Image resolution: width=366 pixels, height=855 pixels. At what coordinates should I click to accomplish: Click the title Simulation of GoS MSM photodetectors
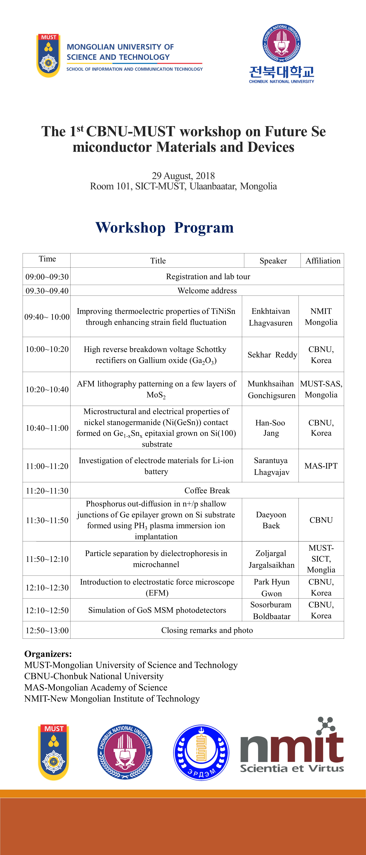tap(157, 610)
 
